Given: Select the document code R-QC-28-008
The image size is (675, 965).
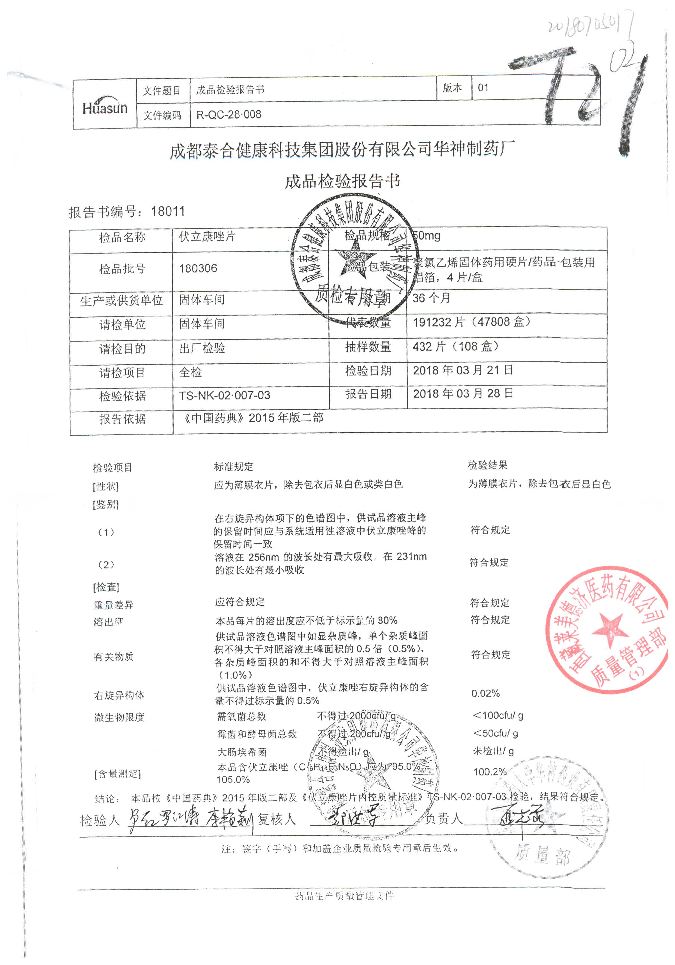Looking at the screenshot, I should (229, 114).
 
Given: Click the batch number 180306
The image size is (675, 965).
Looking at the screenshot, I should (198, 268).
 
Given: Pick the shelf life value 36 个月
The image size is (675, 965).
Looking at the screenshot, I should (431, 298).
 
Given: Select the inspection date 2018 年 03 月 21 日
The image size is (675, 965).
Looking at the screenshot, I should (463, 370).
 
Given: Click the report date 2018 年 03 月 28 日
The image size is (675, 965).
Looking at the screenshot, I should (463, 394).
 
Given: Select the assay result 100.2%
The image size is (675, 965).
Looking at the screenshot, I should (490, 772).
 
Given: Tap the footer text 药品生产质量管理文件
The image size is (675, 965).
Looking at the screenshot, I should (344, 896).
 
